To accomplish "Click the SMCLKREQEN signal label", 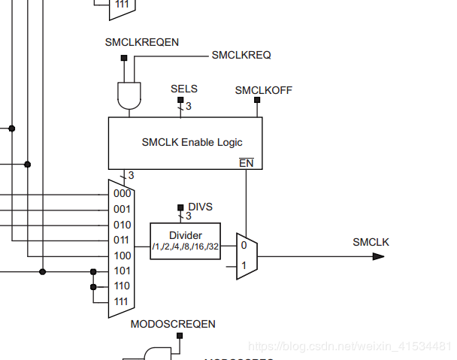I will [142, 43].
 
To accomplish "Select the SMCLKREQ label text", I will [241, 55].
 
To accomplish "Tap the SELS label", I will [184, 89].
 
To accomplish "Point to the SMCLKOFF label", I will [264, 90].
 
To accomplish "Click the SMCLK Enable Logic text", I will [192, 141].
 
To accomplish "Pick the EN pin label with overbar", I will [246, 162].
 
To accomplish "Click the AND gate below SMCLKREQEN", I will [129, 95].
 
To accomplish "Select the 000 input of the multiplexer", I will [122, 193].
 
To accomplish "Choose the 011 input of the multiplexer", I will [122, 240].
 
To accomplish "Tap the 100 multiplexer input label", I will [122, 256].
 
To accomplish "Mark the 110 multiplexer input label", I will [122, 286].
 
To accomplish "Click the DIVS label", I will [199, 206].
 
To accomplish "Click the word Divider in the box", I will [186, 234].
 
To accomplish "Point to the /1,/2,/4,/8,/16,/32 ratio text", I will [186, 247].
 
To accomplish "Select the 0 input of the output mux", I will [244, 246].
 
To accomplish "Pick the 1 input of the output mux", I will [244, 265].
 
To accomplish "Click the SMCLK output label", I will [371, 241].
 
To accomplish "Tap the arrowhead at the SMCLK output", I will [379, 256].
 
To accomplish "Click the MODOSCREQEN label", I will [173, 324].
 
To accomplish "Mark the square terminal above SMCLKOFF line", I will [257, 99].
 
